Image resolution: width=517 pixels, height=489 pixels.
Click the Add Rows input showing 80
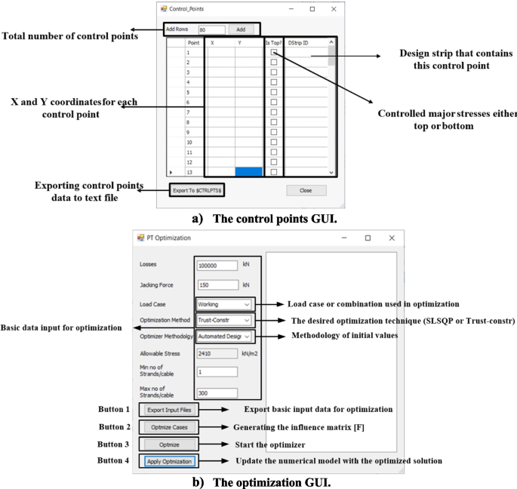[211, 29]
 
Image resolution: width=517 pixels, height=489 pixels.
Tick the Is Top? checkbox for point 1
[274, 53]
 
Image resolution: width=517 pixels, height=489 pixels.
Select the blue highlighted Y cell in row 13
[249, 171]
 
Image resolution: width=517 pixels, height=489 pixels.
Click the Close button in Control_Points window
[306, 190]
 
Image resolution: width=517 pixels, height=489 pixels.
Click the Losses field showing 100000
[217, 266]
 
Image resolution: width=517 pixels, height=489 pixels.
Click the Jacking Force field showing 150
[217, 285]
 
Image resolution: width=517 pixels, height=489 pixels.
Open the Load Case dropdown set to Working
[223, 304]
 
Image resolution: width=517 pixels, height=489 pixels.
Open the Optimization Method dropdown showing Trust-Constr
[223, 321]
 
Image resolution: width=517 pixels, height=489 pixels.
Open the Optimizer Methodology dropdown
[223, 337]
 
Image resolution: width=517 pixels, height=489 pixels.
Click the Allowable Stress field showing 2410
[217, 353]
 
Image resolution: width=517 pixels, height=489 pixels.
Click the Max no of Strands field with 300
[217, 392]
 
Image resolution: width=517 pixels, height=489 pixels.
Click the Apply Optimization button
[170, 461]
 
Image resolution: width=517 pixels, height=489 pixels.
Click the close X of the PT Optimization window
[391, 238]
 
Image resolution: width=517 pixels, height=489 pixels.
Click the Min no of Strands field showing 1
[217, 372]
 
